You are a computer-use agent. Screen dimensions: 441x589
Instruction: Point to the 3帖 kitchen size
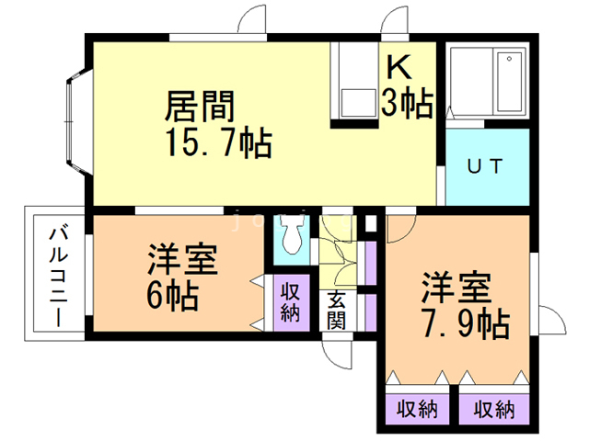[x=407, y=104]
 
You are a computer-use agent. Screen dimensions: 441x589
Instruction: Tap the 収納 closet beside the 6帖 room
[x=291, y=302]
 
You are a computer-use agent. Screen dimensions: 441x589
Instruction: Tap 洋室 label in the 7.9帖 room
[x=457, y=287]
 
